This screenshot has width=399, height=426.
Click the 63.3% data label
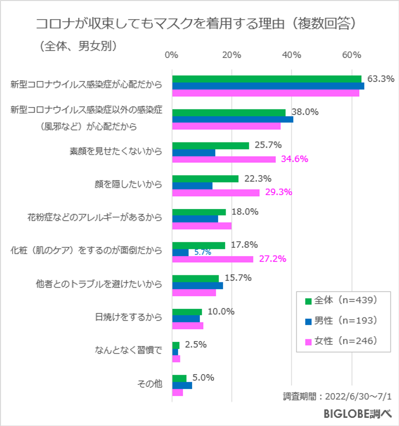pyautogui.click(x=381, y=79)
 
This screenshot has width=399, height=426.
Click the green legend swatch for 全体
pyautogui.click(x=308, y=300)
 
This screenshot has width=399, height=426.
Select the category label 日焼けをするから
pyautogui.click(x=129, y=317)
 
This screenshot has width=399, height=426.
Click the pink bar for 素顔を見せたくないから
pyautogui.click(x=224, y=159)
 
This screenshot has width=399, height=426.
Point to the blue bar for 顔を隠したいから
pyautogui.click(x=192, y=186)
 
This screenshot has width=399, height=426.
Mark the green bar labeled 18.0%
pyautogui.click(x=199, y=212)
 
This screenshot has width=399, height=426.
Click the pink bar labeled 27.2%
pyautogui.click(x=212, y=259)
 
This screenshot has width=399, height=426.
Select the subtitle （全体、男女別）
pyautogui.click(x=78, y=46)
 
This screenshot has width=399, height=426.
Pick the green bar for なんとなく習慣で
pyautogui.click(x=175, y=345)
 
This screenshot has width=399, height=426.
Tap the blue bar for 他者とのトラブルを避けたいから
pyautogui.click(x=197, y=286)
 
